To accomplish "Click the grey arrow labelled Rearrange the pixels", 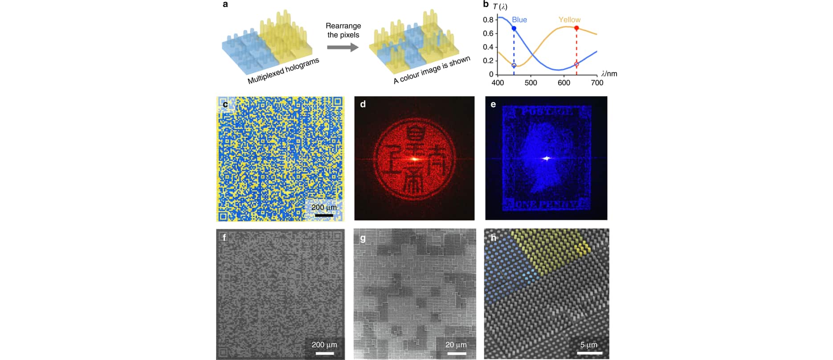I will point(343,47).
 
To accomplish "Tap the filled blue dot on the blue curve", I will point(514,29).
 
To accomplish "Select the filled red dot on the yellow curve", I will point(576,28).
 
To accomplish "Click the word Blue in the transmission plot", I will point(519,20).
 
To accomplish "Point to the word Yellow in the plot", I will point(569,20).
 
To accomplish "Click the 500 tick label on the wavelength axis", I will point(531,83).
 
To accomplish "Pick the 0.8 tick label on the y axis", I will point(488,20).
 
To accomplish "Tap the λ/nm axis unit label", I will point(609,74).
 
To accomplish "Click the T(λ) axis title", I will point(500,6).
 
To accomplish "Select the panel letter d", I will point(363,104).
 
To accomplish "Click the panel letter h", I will point(493,237).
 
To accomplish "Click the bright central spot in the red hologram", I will point(414,159).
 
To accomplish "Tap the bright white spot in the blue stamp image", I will point(547,158).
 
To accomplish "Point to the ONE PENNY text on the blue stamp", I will point(546,205).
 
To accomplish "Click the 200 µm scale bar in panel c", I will point(324,216).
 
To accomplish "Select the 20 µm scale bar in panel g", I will point(456,353).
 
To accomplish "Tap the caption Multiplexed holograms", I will point(283,71).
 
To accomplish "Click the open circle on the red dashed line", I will point(576,65).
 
